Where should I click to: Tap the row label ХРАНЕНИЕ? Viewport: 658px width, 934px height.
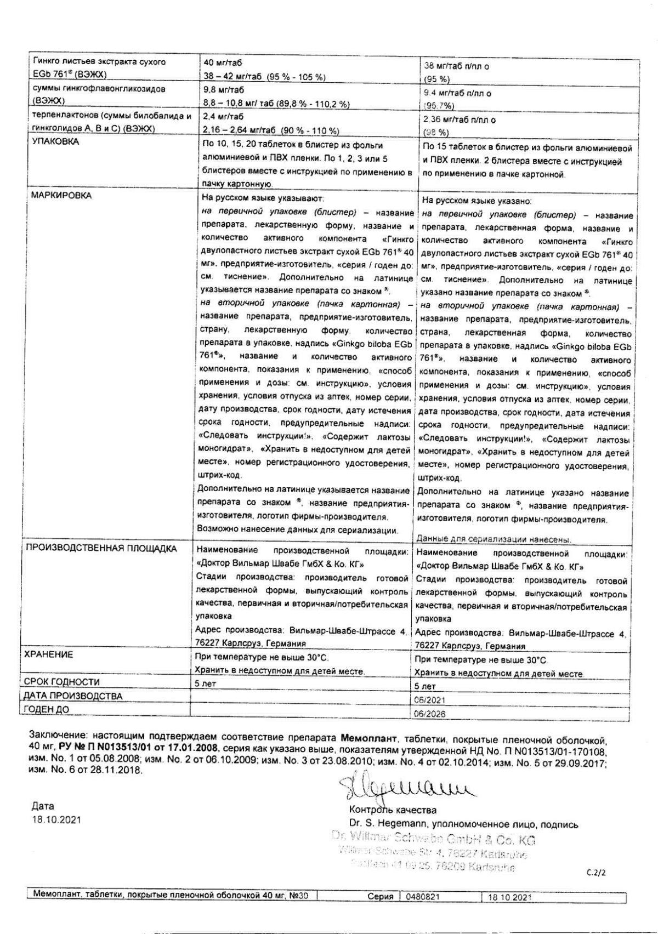[x=49, y=655]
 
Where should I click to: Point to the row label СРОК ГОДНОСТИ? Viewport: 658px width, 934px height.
[x=62, y=682]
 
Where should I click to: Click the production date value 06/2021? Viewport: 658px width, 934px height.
[x=430, y=700]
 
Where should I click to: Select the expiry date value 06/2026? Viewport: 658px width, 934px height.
[x=430, y=714]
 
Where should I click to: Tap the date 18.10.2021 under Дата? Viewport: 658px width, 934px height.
[x=55, y=820]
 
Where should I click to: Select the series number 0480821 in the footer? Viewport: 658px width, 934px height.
[x=423, y=897]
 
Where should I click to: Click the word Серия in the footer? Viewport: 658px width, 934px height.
[x=381, y=897]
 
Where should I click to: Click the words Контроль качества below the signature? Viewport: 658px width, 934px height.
[x=393, y=810]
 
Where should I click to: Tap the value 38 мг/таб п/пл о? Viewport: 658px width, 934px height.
[x=457, y=66]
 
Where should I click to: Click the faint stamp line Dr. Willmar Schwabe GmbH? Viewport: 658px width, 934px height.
[x=433, y=840]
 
